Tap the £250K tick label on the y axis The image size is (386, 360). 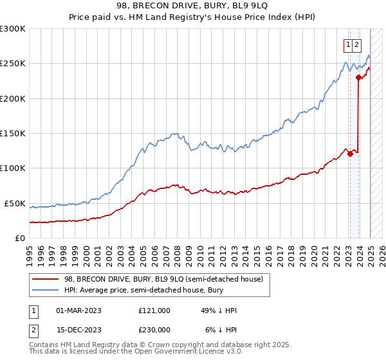[x=12, y=64]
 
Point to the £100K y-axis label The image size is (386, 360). [x=12, y=168]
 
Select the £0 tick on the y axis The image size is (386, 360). [x=20, y=238]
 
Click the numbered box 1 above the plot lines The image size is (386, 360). [x=348, y=44]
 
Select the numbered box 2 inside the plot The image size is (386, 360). [x=356, y=44]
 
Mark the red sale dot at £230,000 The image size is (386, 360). [x=358, y=78]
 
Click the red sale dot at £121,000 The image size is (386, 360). [x=350, y=154]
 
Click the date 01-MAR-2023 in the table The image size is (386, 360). [x=78, y=310]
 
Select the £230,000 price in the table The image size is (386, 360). [x=154, y=329]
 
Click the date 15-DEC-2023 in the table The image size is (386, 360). [x=78, y=329]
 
